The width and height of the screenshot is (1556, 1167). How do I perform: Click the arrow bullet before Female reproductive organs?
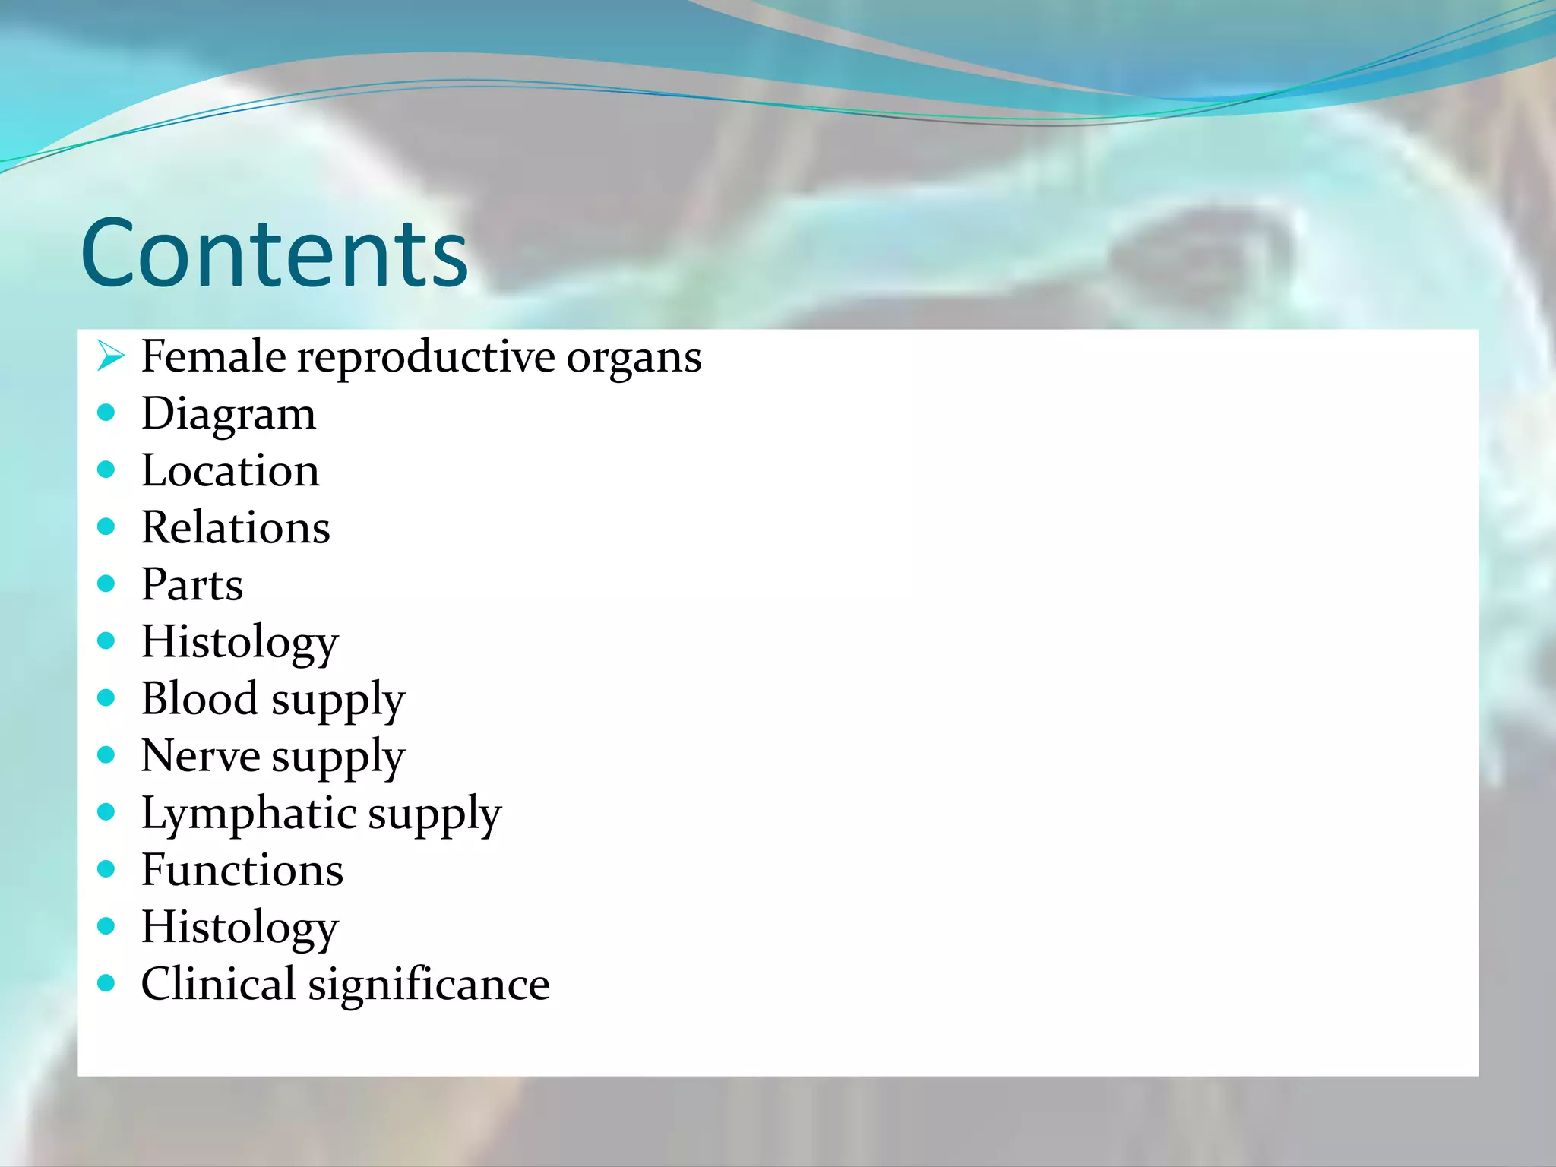(110, 356)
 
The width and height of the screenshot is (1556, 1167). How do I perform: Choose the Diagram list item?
(228, 415)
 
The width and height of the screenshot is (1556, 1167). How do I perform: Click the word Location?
(230, 471)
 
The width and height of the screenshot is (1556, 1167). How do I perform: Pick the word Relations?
(236, 527)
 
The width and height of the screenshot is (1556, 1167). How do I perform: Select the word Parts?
(192, 585)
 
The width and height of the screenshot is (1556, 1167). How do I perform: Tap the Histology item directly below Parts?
(239, 643)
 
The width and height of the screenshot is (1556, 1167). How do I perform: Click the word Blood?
(200, 699)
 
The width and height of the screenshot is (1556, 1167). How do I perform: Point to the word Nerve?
(201, 757)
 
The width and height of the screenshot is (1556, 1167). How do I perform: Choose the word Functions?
(242, 871)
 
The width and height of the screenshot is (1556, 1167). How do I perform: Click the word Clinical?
(218, 985)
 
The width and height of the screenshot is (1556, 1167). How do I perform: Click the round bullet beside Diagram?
(106, 413)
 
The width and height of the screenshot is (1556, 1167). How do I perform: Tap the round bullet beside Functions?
(106, 868)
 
